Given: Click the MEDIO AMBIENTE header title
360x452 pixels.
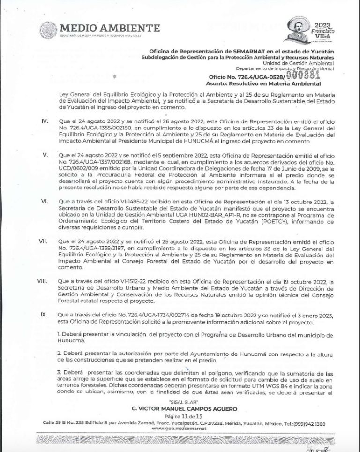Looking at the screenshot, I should (110, 28).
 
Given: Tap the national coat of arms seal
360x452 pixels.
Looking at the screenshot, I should (49, 30).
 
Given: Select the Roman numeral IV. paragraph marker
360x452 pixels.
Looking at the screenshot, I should (45, 121).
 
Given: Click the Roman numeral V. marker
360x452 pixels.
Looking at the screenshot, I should (46, 154).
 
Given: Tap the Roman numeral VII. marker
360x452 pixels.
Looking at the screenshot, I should (44, 241).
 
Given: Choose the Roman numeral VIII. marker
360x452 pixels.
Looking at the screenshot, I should (44, 281).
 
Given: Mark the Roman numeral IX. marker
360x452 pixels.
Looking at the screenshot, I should (44, 314).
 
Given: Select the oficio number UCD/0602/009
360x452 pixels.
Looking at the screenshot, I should (80, 167).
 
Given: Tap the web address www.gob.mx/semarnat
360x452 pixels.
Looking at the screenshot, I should (180, 429).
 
